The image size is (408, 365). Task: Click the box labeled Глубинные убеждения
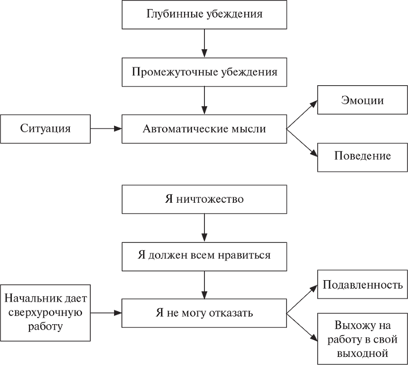point(204,14)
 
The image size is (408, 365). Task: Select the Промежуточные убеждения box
point(204,72)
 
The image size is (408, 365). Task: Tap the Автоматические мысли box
point(204,129)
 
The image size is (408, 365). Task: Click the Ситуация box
point(45,128)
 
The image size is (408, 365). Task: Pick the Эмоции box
point(362,100)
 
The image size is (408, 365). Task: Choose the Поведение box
point(362,157)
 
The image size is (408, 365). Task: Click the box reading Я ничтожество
point(204,200)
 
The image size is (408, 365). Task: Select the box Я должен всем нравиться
point(204,256)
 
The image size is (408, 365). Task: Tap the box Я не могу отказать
point(204,313)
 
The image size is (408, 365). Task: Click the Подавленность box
point(362,285)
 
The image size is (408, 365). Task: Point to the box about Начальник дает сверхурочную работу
point(45,313)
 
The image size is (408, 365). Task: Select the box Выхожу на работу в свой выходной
point(362,339)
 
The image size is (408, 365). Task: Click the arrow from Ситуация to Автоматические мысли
point(106,129)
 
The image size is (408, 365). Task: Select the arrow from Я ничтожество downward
point(204,228)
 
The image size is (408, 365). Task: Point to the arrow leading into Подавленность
point(302,299)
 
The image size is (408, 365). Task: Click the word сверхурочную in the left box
point(45,313)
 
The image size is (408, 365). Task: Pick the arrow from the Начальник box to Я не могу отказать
point(106,313)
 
